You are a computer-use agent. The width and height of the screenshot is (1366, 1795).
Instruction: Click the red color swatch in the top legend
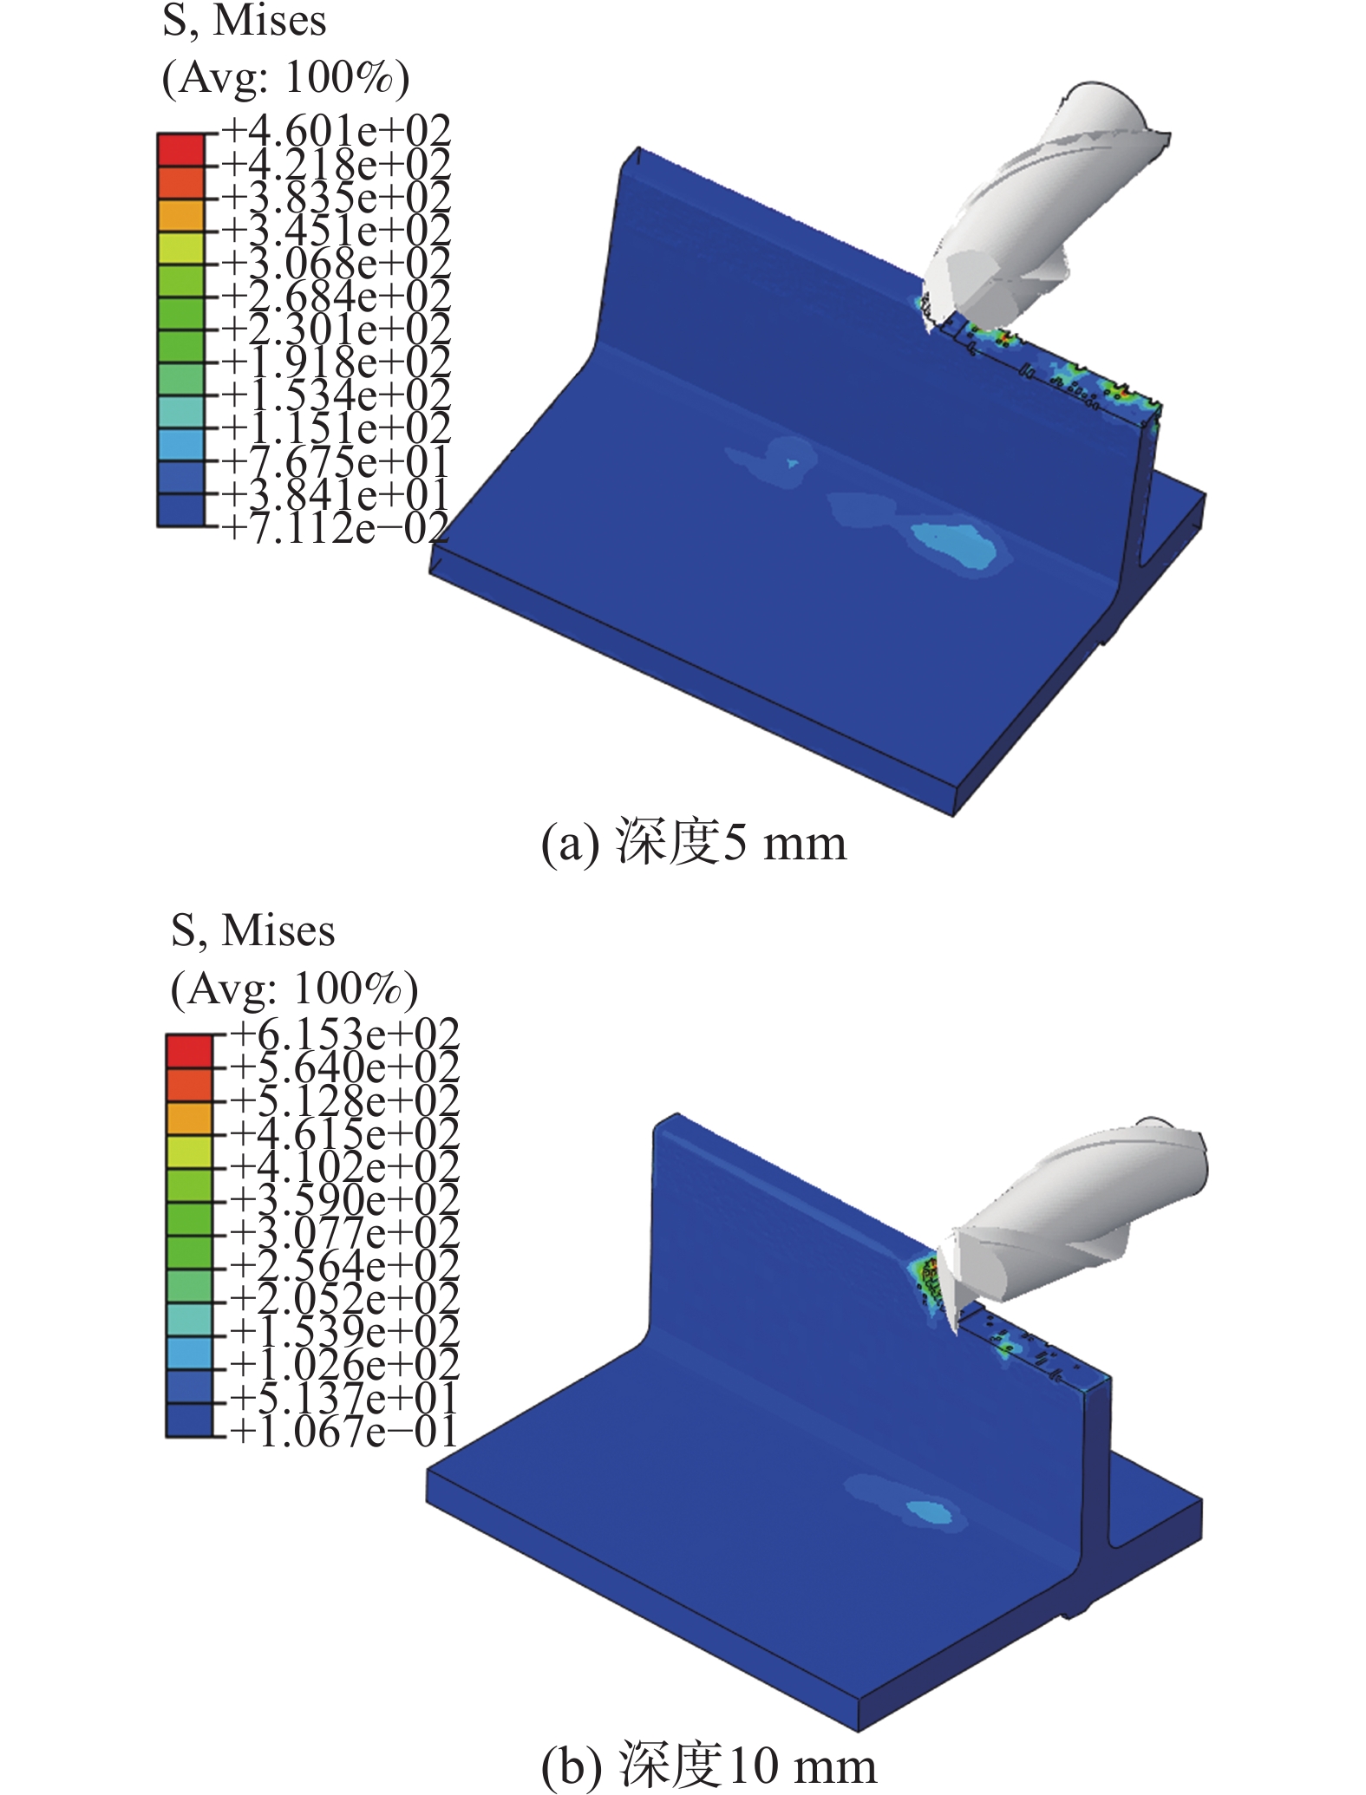tap(180, 149)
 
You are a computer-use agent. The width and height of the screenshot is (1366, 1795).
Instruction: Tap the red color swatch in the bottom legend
tap(188, 1051)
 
